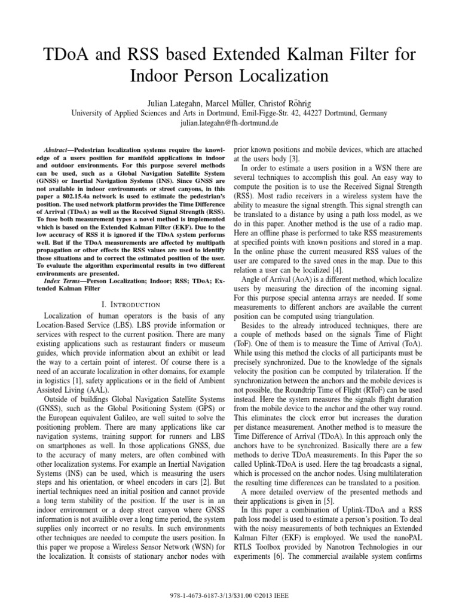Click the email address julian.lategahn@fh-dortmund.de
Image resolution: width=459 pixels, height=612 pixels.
[229, 123]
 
